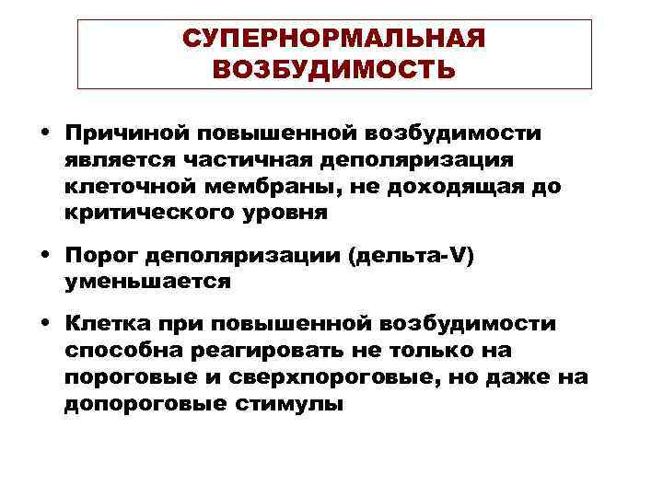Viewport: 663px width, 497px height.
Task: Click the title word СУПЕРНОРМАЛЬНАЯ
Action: pyautogui.click(x=333, y=40)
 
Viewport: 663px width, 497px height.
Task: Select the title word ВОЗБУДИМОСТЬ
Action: pyautogui.click(x=333, y=70)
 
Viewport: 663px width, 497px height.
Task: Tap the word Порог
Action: pyautogui.click(x=95, y=257)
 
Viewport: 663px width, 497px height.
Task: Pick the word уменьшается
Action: pyautogui.click(x=147, y=283)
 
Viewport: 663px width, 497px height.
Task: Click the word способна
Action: pyautogui.click(x=118, y=351)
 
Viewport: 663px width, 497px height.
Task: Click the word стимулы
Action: pyautogui.click(x=281, y=403)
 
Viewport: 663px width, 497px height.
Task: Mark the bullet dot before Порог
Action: pyautogui.click(x=45, y=257)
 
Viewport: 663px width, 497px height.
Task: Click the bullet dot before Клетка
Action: pyautogui.click(x=45, y=324)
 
